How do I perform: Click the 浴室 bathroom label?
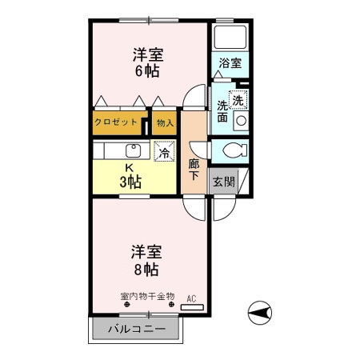(231, 62)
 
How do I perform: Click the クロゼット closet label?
(116, 123)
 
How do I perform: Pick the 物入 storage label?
(166, 123)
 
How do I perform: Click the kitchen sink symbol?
(130, 150)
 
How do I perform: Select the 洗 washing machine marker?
(238, 101)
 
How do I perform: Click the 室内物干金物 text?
(147, 297)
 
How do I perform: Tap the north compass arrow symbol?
(261, 311)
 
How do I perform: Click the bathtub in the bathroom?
(230, 36)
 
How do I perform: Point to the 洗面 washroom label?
(222, 111)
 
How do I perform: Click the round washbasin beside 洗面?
(240, 122)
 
